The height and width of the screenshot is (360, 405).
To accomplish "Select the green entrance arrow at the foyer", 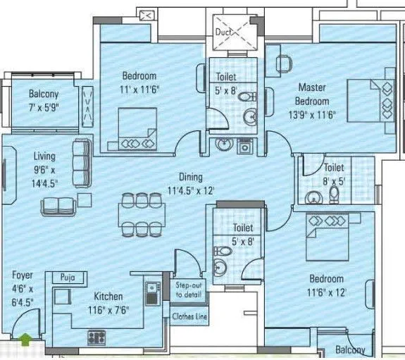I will (26, 340).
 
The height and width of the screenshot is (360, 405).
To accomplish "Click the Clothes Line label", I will (190, 316).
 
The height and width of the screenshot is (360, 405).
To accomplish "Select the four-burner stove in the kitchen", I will (96, 337).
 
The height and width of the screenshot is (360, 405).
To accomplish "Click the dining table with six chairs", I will (138, 214).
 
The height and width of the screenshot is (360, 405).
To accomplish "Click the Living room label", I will (44, 156).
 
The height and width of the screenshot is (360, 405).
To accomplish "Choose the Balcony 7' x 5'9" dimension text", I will (44, 106).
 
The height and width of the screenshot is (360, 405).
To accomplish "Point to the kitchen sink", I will (151, 292).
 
